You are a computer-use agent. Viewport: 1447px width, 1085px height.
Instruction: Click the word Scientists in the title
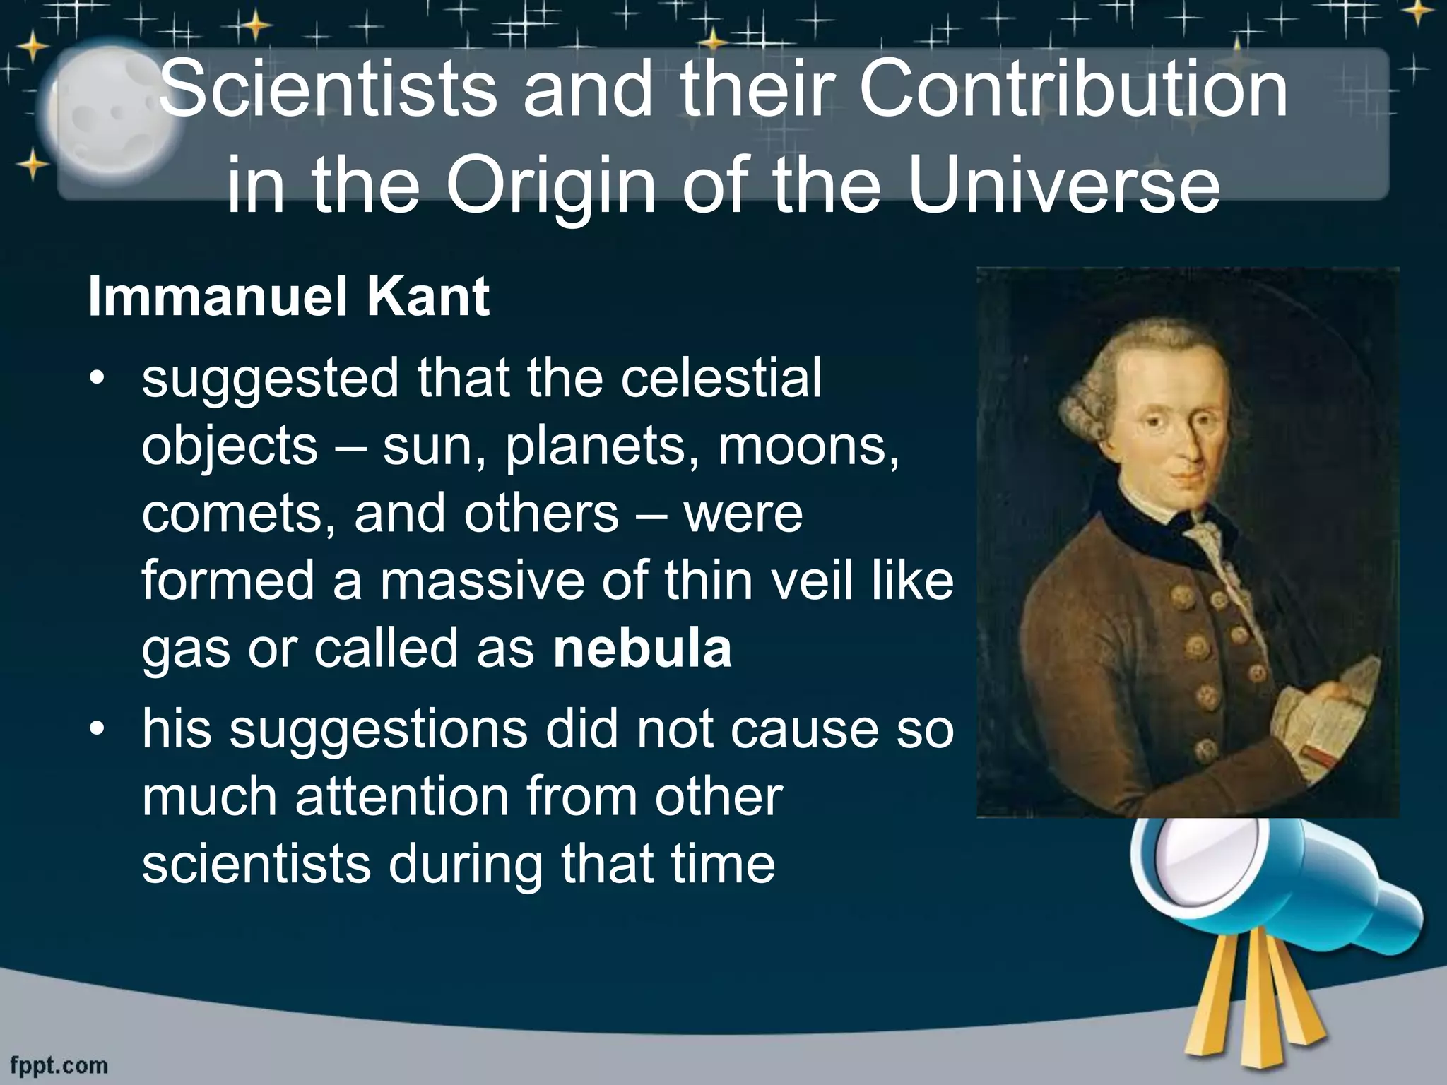pyautogui.click(x=328, y=92)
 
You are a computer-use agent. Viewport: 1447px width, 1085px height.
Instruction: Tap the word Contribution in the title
pyautogui.click(x=1073, y=92)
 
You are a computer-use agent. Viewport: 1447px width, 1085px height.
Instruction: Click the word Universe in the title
pyautogui.click(x=1064, y=187)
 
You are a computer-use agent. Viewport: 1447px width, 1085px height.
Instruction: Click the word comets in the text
pyautogui.click(x=237, y=514)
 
